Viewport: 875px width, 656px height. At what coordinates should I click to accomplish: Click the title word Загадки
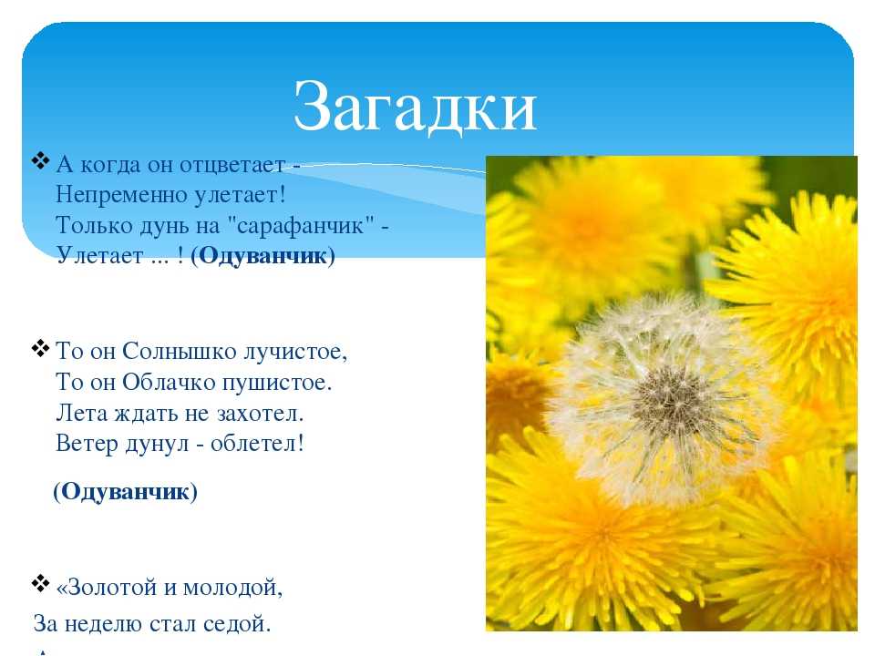[x=416, y=106]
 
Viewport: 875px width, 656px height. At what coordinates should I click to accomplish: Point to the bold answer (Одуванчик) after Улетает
[x=262, y=256]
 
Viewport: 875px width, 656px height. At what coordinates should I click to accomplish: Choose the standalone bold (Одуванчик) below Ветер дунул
[x=126, y=491]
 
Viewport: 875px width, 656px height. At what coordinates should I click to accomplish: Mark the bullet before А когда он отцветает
[x=40, y=161]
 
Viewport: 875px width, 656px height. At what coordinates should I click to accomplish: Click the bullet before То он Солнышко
[x=40, y=349]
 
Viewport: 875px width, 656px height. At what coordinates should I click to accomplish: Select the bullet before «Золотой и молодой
[x=40, y=583]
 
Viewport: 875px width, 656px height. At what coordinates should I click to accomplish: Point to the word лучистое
[x=295, y=353]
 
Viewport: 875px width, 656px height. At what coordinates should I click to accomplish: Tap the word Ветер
[x=87, y=444]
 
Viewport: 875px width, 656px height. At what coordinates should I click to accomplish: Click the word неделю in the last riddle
[x=98, y=624]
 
